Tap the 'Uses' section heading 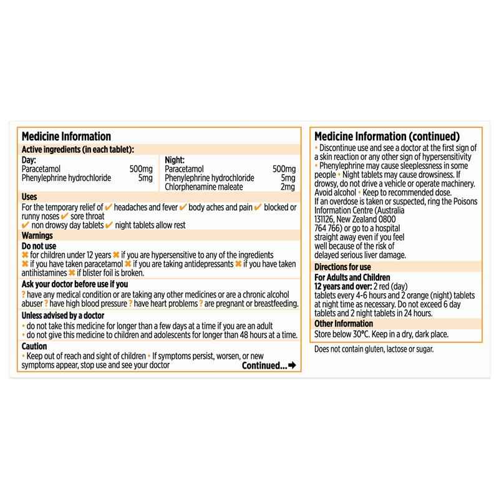[30, 197]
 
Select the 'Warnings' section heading [37, 236]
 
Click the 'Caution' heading [34, 346]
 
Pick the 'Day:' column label [29, 160]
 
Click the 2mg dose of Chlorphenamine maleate [288, 187]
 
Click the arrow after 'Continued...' [292, 366]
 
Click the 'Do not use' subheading [39, 246]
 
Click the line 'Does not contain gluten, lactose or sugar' [374, 349]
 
